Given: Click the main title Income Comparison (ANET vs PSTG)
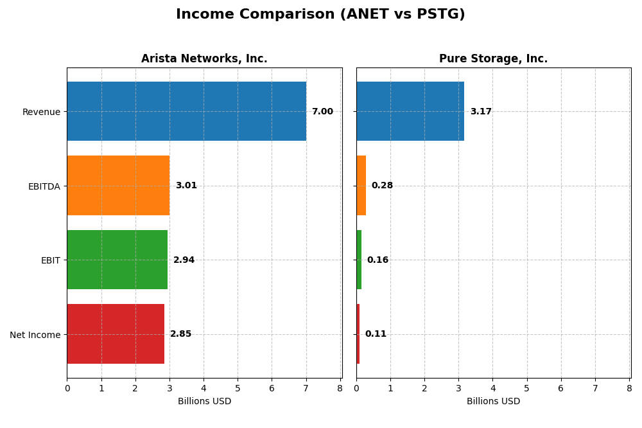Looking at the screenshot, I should [320, 14].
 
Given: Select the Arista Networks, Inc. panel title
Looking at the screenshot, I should [204, 58].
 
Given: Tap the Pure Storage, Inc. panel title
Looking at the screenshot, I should [493, 58].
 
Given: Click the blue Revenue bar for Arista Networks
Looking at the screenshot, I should [186, 111].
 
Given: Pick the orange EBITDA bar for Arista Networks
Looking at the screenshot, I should [118, 186].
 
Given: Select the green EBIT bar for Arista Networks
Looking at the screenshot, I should [117, 260].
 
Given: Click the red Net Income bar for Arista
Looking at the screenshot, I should [116, 334].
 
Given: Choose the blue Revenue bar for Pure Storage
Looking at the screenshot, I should [410, 111].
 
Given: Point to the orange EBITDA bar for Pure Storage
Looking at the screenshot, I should [361, 186].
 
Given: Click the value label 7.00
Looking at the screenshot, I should [322, 112].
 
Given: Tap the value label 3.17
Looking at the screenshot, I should [481, 112].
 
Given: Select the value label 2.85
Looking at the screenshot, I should [180, 334].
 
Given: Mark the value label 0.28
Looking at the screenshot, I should [382, 186].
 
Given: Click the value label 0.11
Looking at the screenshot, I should [376, 334].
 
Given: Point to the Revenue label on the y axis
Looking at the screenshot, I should [41, 112].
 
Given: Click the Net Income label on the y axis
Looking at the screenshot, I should [35, 334].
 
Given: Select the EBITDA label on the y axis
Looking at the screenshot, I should [44, 186].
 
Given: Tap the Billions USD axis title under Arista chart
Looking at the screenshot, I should [204, 402].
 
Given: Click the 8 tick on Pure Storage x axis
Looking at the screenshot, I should [629, 388].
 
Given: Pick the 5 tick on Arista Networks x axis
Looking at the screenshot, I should [238, 388].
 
